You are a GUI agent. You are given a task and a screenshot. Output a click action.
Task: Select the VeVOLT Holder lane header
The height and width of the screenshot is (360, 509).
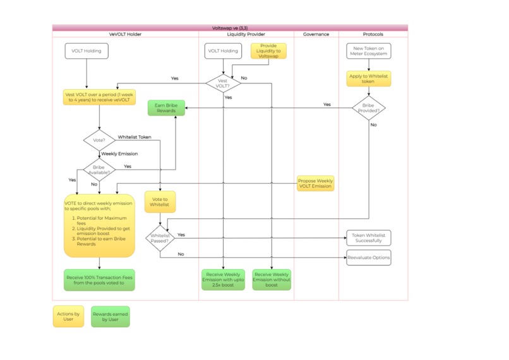[125, 34]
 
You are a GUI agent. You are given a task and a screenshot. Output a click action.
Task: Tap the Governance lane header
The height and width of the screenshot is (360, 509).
[316, 34]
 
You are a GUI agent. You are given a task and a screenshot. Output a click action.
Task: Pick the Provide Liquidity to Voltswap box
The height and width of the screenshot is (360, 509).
[268, 51]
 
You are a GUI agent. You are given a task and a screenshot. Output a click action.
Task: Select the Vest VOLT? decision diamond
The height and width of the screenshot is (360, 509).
[223, 83]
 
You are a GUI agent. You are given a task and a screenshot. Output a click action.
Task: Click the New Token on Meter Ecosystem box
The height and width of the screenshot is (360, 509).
[369, 51]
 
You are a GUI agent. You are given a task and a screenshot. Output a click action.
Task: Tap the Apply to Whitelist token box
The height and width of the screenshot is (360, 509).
[369, 79]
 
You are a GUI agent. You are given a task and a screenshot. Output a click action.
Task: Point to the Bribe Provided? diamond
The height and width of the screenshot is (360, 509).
[369, 108]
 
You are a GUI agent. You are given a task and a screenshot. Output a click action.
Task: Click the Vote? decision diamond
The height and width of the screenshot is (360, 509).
[100, 140]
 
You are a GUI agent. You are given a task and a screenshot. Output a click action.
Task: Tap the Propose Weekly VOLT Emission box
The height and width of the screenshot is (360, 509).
[315, 184]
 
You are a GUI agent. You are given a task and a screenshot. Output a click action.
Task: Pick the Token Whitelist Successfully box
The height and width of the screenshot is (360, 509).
[369, 238]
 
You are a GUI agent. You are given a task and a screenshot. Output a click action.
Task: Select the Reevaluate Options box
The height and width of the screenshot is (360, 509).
[369, 257]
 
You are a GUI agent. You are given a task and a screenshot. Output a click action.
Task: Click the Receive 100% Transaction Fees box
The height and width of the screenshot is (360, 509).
[99, 280]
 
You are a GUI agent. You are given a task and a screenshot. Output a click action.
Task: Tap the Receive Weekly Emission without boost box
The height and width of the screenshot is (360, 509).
[272, 279]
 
